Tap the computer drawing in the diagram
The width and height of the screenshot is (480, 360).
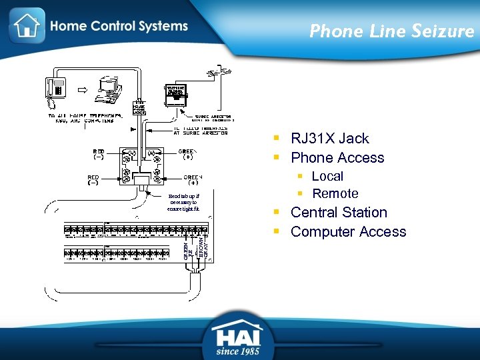pyautogui.click(x=104, y=89)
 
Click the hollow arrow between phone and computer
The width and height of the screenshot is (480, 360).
pyautogui.click(x=79, y=88)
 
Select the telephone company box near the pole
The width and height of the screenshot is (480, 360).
pyautogui.click(x=176, y=94)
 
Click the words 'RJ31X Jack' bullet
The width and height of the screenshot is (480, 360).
pyautogui.click(x=329, y=139)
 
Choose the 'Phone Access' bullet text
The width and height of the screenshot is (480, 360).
pyautogui.click(x=337, y=158)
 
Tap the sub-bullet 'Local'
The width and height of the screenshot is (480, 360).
pyautogui.click(x=327, y=177)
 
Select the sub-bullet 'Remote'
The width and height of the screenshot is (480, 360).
pyautogui.click(x=335, y=194)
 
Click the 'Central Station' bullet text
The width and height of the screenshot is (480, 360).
pyautogui.click(x=339, y=213)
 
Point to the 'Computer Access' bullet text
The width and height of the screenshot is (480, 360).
pyautogui.click(x=348, y=232)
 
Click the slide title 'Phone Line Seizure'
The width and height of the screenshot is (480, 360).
pyautogui.click(x=391, y=31)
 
